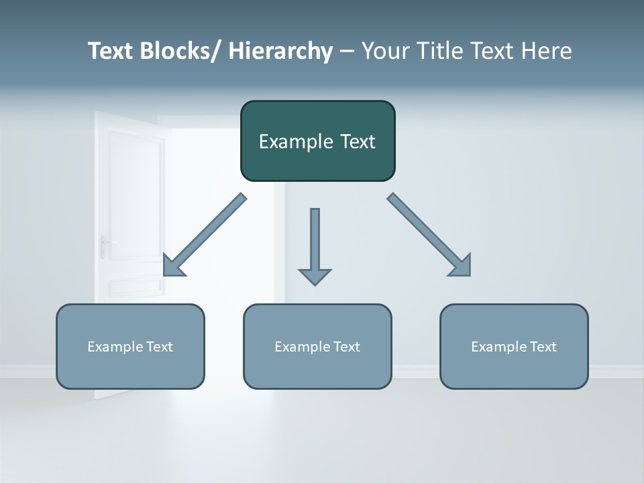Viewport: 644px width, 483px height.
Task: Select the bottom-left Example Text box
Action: coord(130,369)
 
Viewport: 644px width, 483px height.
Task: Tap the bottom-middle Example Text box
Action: coord(317,369)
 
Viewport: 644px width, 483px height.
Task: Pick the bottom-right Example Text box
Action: coord(514,369)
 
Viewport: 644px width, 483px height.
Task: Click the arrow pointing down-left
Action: coord(205,235)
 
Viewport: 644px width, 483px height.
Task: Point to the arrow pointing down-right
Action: coord(426,231)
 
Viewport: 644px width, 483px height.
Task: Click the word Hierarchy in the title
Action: coord(280,51)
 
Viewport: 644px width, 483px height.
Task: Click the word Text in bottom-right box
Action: coord(543,347)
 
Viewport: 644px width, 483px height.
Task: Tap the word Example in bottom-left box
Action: coord(115,347)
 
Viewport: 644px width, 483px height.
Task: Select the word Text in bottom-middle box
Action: coord(346,347)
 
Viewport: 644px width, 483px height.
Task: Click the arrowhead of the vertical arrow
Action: coord(315,276)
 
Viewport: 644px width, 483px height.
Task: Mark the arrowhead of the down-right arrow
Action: coord(462,266)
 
